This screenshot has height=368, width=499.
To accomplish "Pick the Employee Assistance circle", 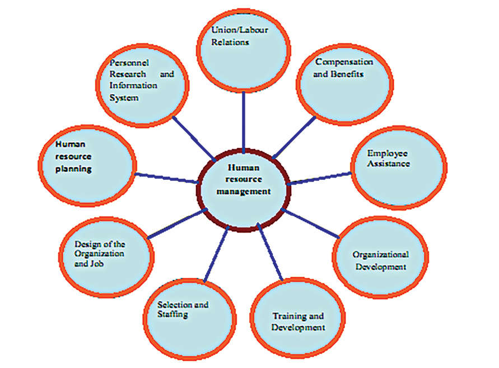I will tap(399, 167).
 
